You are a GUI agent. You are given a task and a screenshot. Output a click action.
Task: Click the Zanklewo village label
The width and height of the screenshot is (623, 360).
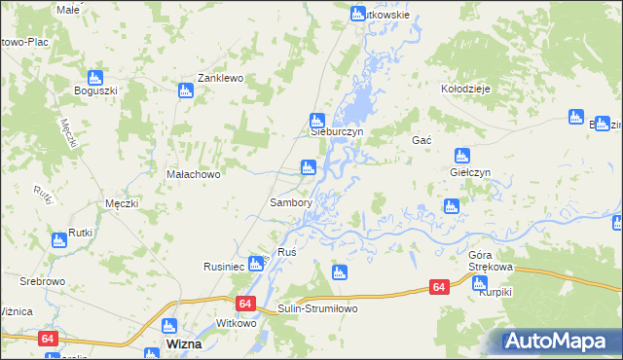(219, 78)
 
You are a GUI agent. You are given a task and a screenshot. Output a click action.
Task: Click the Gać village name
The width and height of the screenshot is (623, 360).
(421, 140)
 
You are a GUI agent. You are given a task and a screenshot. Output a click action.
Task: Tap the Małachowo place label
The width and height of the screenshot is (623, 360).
(194, 175)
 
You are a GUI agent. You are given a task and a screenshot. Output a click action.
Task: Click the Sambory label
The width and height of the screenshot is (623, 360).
(290, 203)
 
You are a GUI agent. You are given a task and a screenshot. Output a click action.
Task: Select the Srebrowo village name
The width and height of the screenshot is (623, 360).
(42, 280)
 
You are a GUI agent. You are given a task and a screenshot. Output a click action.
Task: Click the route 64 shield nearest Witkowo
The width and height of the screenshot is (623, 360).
(243, 305)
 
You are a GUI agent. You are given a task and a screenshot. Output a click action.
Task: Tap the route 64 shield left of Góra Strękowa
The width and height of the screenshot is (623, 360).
(440, 287)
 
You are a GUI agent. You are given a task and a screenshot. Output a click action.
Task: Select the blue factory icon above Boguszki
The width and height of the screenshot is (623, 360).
(95, 77)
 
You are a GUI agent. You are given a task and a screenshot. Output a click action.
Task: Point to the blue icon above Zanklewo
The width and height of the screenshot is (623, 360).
(186, 90)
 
